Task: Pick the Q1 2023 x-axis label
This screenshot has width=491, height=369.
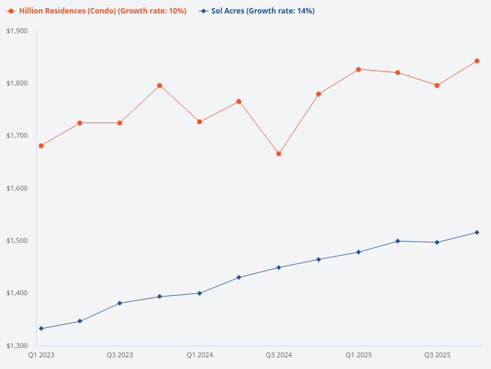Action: point(41,355)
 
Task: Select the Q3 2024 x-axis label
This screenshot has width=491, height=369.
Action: point(279,355)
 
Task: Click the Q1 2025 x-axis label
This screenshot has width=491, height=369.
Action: point(358,355)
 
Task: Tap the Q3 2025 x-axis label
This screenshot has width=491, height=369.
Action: point(437,355)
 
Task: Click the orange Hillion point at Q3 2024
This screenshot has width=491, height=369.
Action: point(279,154)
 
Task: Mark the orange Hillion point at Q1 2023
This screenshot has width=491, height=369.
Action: point(41,146)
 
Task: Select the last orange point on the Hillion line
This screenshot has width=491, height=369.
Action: point(477,61)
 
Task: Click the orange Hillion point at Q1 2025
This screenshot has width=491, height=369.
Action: point(358,69)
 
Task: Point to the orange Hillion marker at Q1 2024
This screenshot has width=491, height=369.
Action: point(199,122)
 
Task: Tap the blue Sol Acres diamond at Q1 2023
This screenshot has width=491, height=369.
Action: point(41,328)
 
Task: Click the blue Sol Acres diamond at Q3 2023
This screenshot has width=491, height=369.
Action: point(120,303)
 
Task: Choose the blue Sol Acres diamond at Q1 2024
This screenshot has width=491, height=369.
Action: point(199,293)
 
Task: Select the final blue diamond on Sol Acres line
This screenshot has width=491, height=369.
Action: point(477,232)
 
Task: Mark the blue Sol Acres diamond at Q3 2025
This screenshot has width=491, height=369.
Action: point(437,242)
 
